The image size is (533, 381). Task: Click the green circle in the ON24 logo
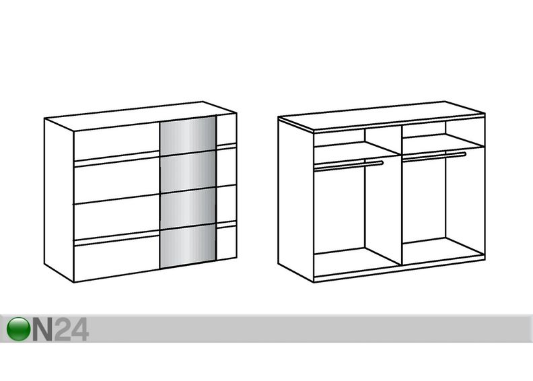point(18,328)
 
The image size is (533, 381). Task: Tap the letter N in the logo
point(42,329)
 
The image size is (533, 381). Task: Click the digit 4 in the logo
point(79,329)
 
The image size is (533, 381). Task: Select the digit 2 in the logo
point(61,329)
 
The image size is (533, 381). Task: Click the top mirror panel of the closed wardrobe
point(188,135)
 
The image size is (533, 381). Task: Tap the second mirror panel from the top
point(188,172)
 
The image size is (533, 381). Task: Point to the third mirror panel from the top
point(188,209)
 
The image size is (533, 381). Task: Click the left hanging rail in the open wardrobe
point(349,166)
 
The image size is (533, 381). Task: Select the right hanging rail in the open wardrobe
point(434,156)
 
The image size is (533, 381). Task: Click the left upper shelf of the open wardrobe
point(357,149)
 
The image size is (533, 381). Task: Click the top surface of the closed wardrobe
point(141,116)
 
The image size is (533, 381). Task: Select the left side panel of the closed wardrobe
point(59,200)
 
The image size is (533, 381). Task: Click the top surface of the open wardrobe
point(382,116)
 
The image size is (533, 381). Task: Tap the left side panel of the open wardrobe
point(295,199)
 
